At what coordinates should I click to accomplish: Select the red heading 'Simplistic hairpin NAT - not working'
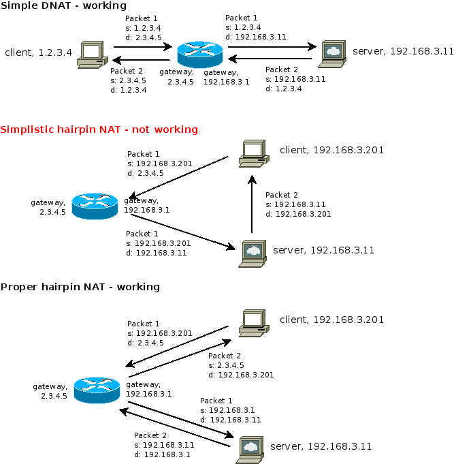pos(99,129)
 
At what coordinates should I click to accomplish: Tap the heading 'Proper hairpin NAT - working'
pos(80,287)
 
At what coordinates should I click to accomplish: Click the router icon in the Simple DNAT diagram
pos(199,52)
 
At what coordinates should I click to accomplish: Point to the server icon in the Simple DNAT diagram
pos(332,53)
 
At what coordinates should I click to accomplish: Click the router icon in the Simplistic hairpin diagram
pos(95,205)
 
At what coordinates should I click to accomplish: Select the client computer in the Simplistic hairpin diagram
pos(252,153)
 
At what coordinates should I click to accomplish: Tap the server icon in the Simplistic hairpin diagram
pos(252,253)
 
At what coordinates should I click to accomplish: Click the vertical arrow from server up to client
pos(252,204)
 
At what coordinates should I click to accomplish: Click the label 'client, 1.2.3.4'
pos(38,52)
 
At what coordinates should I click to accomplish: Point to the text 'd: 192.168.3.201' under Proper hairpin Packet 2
pos(241,375)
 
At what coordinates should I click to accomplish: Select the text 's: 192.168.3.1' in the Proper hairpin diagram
pos(227,410)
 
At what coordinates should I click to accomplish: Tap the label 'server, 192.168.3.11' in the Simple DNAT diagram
pos(403,51)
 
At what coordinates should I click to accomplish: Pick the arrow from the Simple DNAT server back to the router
pos(270,59)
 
